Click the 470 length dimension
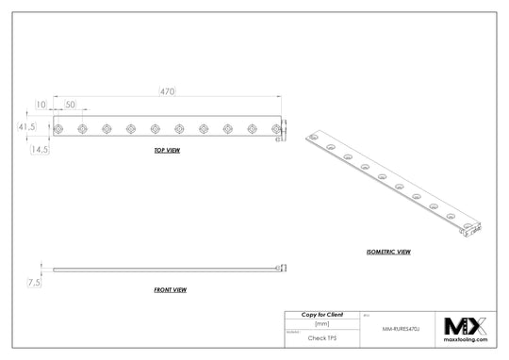166,90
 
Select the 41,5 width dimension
25,126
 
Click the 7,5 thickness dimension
34,282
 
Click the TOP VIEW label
167,151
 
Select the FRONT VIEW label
170,290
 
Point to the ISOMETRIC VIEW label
387,254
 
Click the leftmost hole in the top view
59,127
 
